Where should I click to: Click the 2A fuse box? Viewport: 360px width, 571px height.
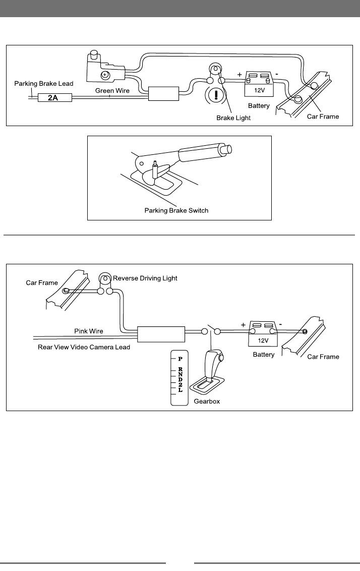pos(52,98)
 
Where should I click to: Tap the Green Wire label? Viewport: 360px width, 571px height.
pos(113,90)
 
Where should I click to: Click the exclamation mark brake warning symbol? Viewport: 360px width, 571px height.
pos(216,94)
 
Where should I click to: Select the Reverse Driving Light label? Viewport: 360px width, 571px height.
pos(145,278)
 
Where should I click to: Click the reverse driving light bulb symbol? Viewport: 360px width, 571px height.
pos(105,278)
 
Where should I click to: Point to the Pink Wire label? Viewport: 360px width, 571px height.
pos(89,331)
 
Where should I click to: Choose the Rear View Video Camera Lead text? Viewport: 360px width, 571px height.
pos(84,347)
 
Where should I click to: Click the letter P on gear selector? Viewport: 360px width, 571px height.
pos(179,359)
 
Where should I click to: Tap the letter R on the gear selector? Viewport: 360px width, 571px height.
pos(179,370)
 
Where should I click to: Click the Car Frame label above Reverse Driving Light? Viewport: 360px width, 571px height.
pos(42,283)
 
